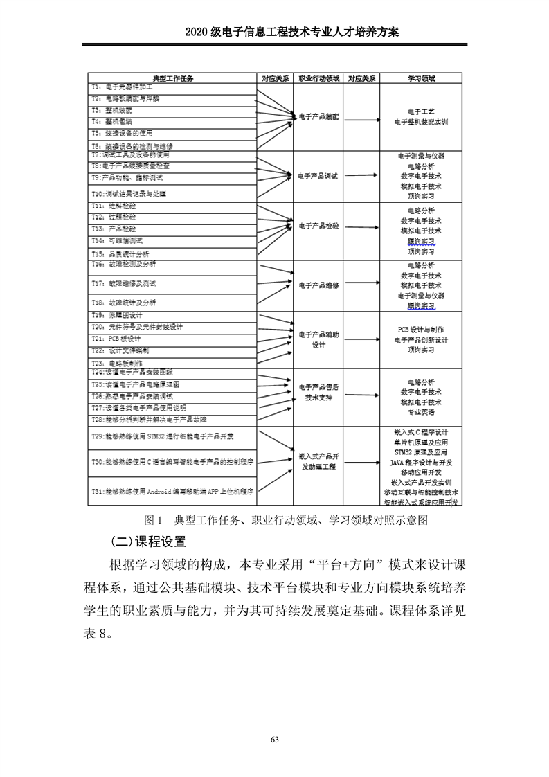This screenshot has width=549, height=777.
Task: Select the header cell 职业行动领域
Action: tap(318, 79)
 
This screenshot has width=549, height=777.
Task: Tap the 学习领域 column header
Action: tap(421, 79)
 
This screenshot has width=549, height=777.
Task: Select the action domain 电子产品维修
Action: tap(318, 285)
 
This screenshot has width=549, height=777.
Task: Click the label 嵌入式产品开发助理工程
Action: tap(318, 462)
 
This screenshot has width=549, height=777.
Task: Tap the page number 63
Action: tap(274, 740)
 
